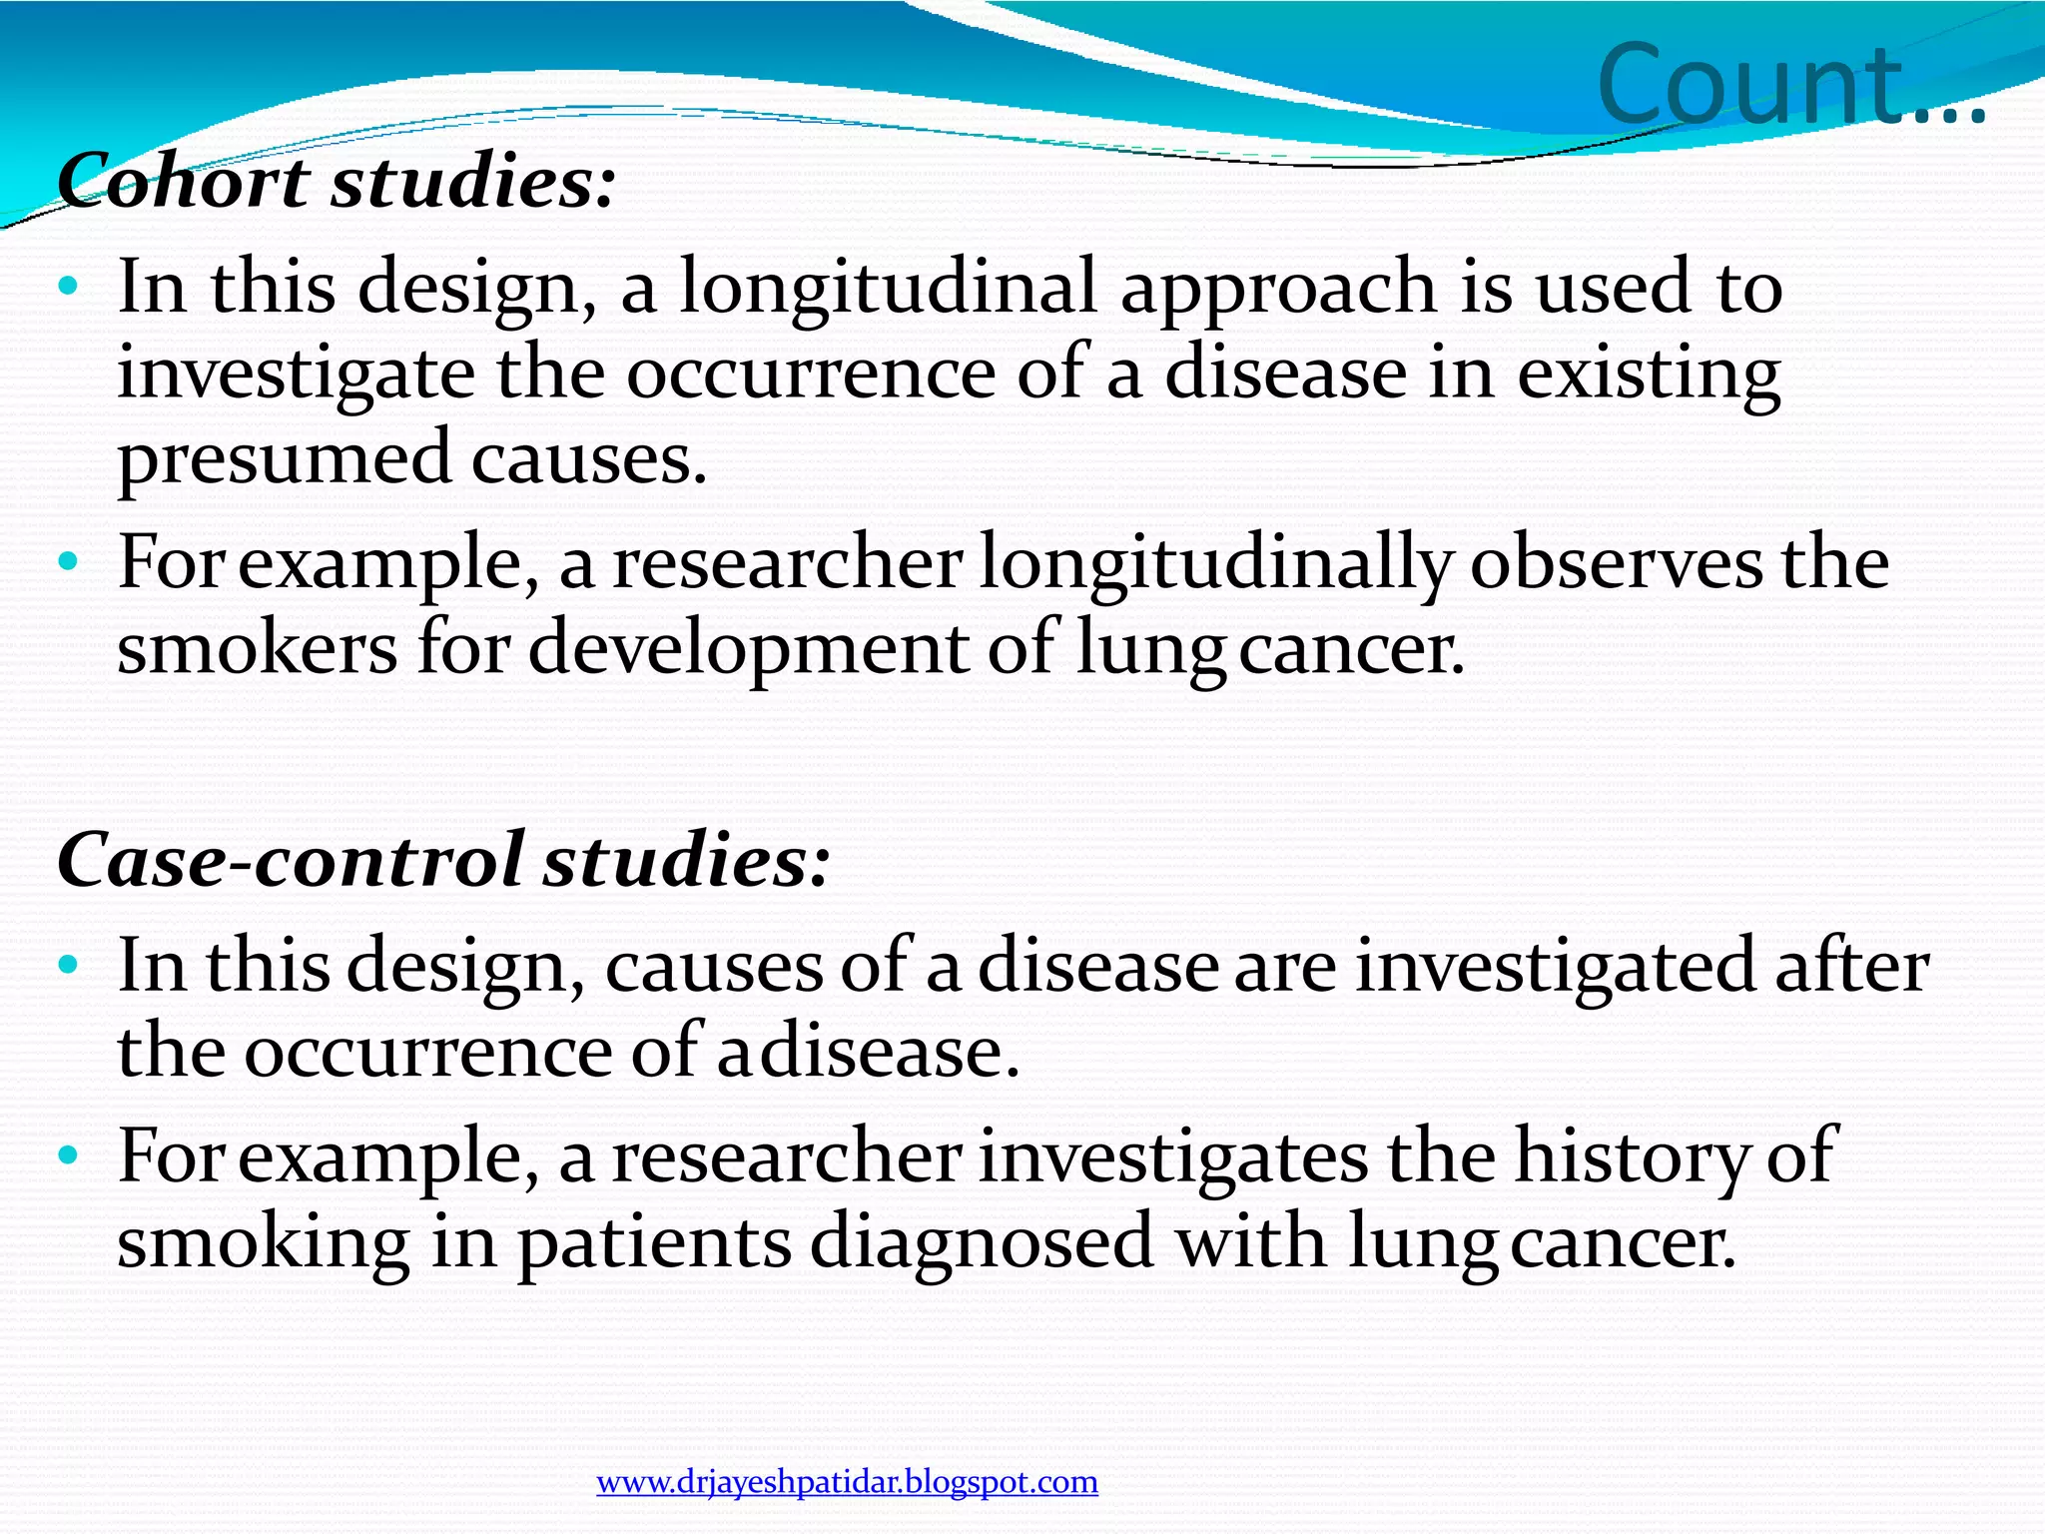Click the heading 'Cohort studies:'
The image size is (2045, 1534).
coord(336,183)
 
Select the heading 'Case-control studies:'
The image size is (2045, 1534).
coord(442,860)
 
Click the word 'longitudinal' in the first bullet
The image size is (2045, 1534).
coord(889,288)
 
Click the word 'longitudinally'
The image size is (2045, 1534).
coord(1214,565)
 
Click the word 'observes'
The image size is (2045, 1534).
coord(1617,563)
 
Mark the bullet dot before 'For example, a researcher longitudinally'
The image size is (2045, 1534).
coord(67,561)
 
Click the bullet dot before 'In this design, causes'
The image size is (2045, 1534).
coord(67,965)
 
